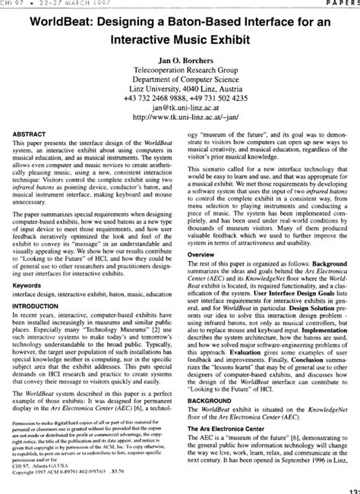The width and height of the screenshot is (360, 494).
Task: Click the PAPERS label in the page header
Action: point(341,3)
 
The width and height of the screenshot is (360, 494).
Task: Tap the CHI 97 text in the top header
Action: point(15,3)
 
